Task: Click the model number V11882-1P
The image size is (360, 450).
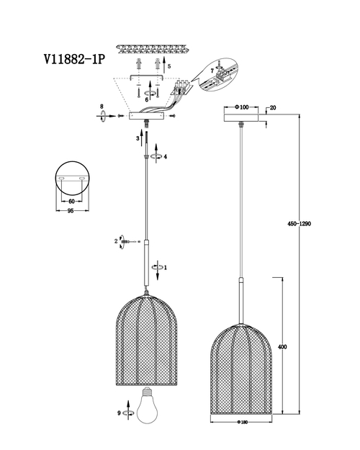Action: (74, 60)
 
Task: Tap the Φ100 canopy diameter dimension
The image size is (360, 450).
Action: (241, 107)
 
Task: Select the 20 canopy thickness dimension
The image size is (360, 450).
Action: (273, 107)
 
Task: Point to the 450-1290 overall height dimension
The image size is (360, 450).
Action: (299, 224)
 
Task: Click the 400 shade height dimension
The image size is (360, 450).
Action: (282, 347)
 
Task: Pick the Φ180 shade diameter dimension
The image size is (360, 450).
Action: (243, 422)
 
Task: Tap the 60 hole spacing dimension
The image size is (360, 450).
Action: (71, 202)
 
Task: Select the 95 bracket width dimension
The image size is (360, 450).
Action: (71, 211)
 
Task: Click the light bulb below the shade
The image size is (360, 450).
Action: (147, 406)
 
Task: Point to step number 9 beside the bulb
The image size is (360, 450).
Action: (119, 413)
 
